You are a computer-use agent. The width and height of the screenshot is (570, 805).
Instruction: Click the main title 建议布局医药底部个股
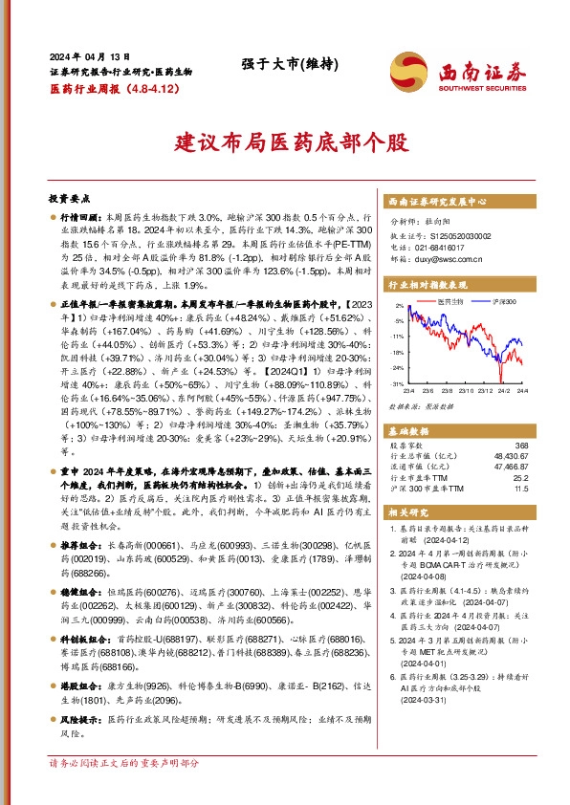[286, 144]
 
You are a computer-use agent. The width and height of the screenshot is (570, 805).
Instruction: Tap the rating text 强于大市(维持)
[286, 66]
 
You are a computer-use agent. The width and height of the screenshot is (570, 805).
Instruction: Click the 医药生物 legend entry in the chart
[450, 302]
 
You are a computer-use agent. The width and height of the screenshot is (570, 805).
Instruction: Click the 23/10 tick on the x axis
[466, 390]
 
